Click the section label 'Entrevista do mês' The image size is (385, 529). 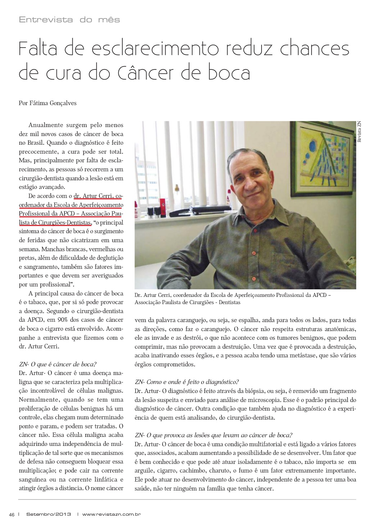coord(69,20)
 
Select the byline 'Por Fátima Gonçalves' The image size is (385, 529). coord(47,103)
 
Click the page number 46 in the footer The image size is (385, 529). coord(12,514)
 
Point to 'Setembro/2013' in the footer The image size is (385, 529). coord(49,514)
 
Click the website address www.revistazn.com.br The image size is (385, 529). coord(111,514)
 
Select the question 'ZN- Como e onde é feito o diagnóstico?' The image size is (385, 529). coord(187,382)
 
